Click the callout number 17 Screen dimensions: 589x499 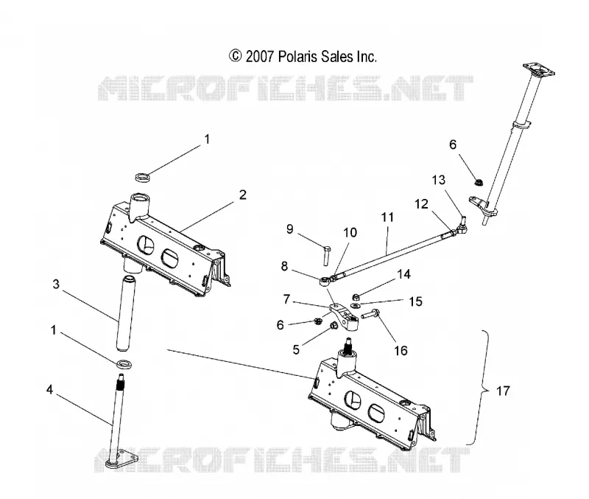[x=504, y=391]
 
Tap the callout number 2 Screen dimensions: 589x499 [x=243, y=195]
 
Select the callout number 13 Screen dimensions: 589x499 [x=438, y=180]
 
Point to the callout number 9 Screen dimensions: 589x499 [x=289, y=229]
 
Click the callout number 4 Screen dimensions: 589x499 [x=49, y=390]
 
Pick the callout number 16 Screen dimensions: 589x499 [x=401, y=350]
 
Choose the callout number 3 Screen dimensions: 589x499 [x=56, y=284]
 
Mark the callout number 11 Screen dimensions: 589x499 [x=387, y=217]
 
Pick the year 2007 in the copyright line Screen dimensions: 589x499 [x=259, y=57]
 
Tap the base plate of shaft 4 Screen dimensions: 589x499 [x=121, y=459]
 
